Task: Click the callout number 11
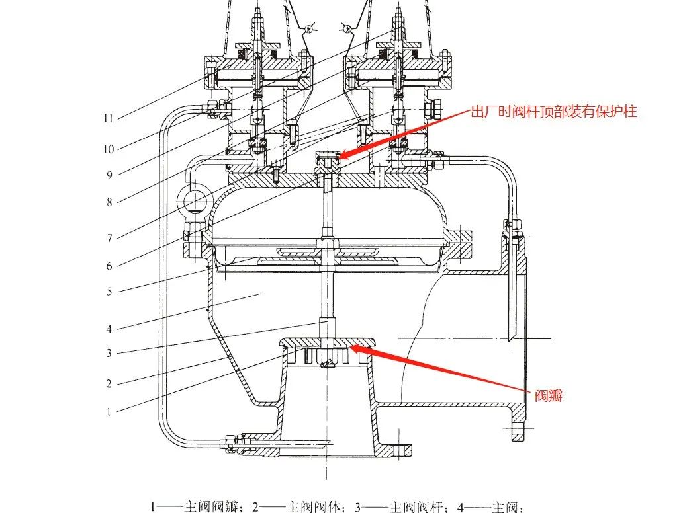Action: pyautogui.click(x=108, y=118)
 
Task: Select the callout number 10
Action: pyautogui.click(x=108, y=149)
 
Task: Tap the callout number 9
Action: pyautogui.click(x=109, y=175)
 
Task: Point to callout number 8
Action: pyautogui.click(x=109, y=203)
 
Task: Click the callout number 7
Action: pyautogui.click(x=109, y=238)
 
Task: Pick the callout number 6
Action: pyautogui.click(x=109, y=266)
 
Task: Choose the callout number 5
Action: pyautogui.click(x=109, y=292)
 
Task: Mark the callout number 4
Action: pyautogui.click(x=109, y=329)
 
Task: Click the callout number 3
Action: pyautogui.click(x=109, y=353)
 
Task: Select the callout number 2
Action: pyautogui.click(x=109, y=383)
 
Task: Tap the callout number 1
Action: pyautogui.click(x=109, y=411)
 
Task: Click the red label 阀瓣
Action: pyautogui.click(x=549, y=397)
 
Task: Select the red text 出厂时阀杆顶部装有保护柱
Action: pyautogui.click(x=553, y=112)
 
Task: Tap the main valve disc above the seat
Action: pyautogui.click(x=327, y=342)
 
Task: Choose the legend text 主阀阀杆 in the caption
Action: pyautogui.click(x=417, y=508)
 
